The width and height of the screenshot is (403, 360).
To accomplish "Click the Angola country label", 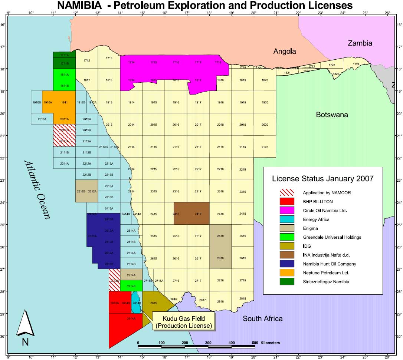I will pos(285,52).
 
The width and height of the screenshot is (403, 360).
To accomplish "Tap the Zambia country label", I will pos(360,43).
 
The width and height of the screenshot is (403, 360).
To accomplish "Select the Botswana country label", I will pos(332,115).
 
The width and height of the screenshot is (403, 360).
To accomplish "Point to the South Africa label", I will pos(262,318).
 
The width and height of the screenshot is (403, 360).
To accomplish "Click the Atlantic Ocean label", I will pos(37,189).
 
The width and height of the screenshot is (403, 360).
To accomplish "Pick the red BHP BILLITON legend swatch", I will pos(287,201).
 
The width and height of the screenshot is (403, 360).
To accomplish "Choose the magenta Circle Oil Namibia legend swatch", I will pos(287,210).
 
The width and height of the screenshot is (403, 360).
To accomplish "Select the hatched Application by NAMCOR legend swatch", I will pos(287,192).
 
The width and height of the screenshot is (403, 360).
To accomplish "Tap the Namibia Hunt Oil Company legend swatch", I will pos(287,264).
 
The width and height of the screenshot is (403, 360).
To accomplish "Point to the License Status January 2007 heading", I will pos(322,179).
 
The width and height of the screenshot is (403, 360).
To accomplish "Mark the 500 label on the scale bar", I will pos(255,343).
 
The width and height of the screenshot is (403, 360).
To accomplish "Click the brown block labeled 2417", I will pos(198,214).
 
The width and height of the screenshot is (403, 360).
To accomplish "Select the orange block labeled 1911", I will pos(64,102).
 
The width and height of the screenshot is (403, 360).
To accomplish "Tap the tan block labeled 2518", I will pos(220,236).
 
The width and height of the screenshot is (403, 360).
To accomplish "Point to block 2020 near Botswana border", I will pos(265,125).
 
